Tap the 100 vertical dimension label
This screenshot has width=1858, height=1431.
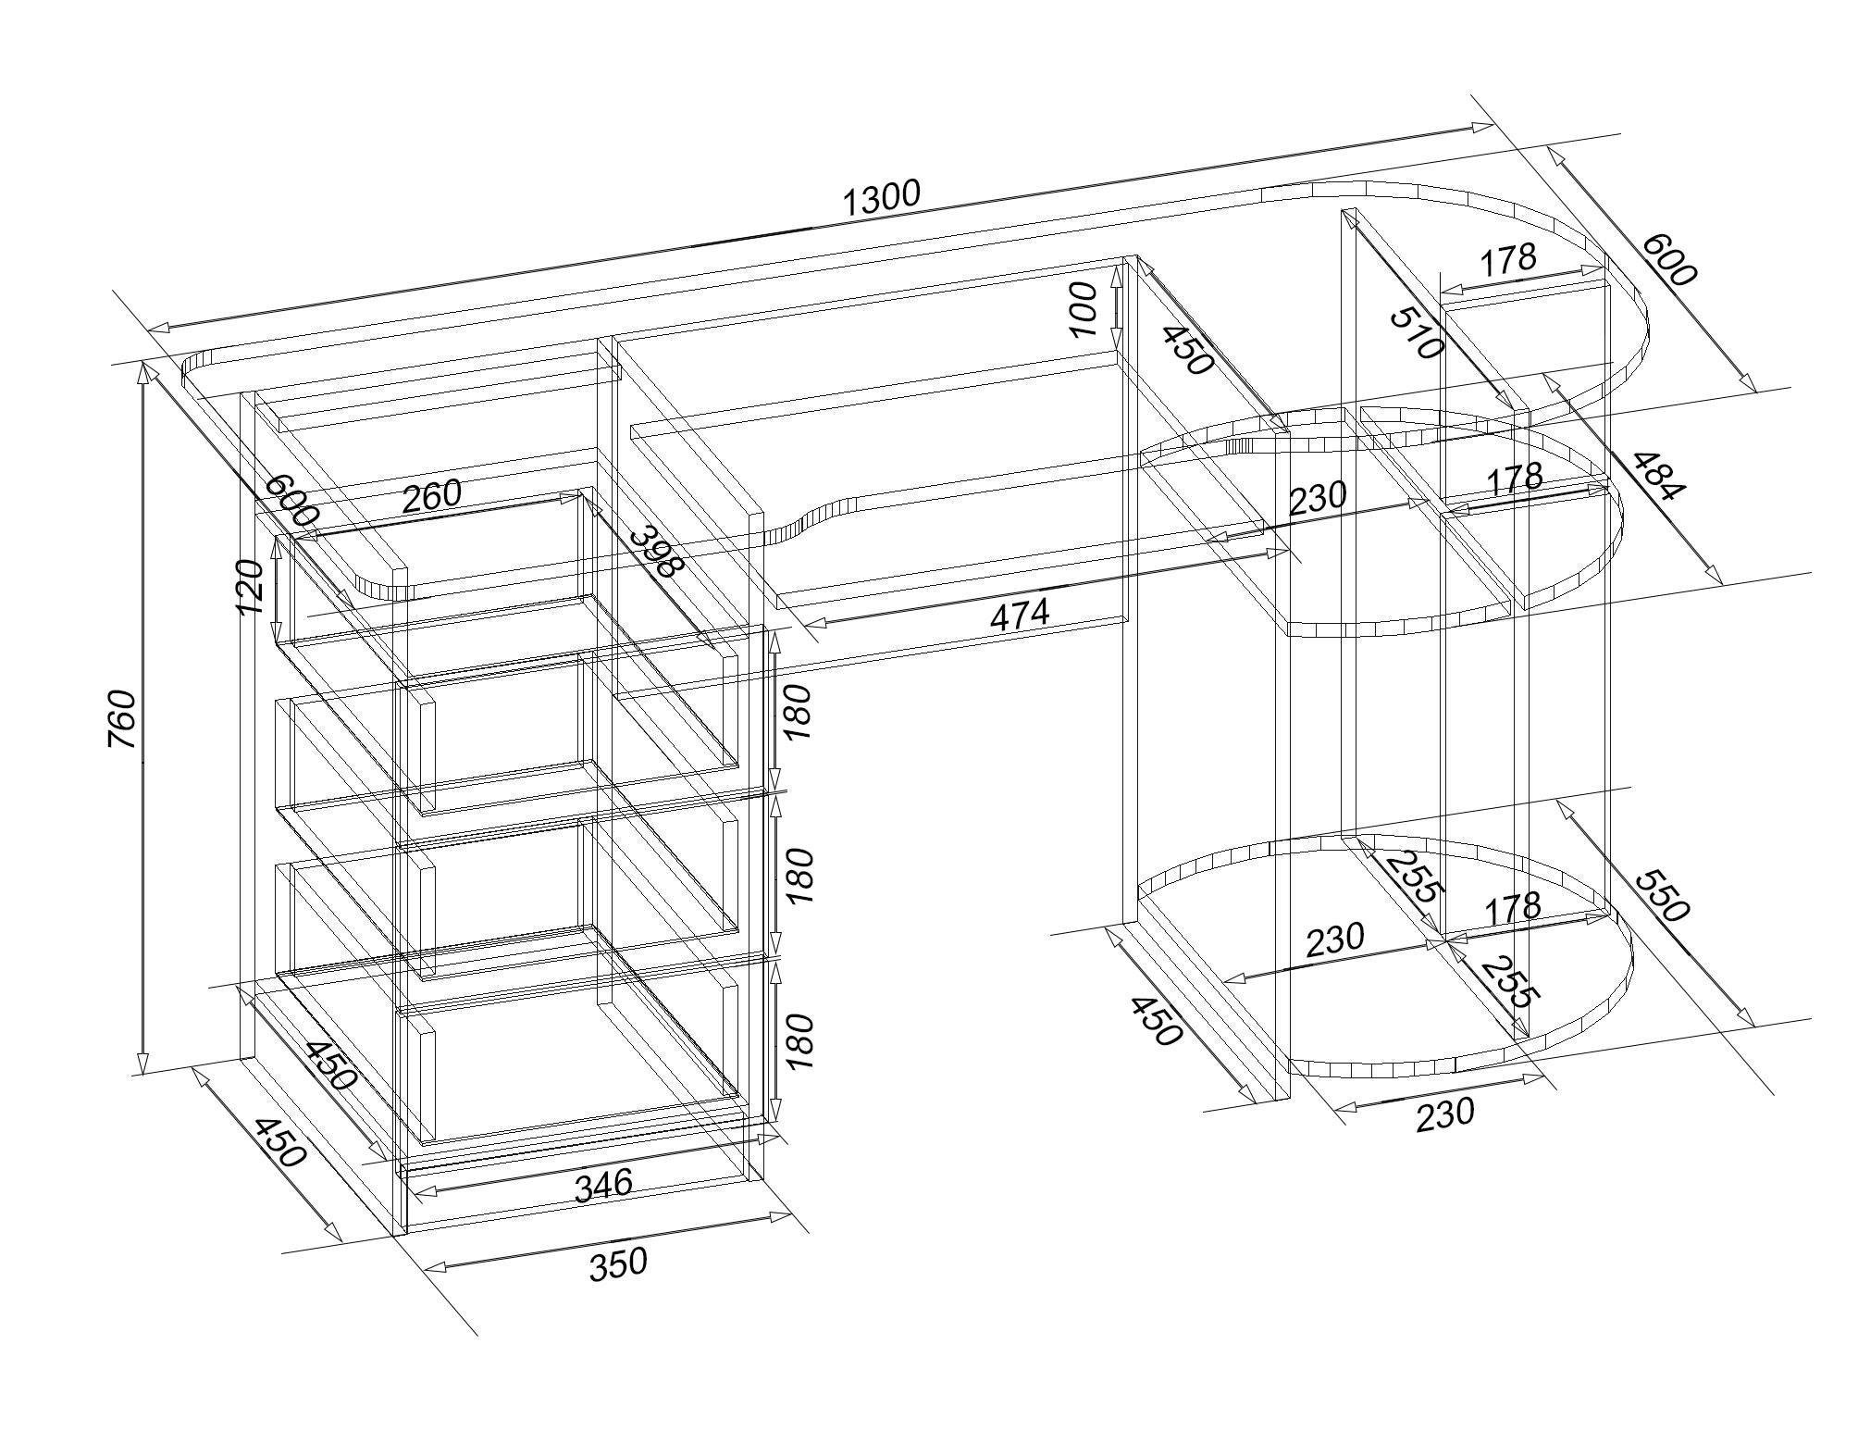1082,308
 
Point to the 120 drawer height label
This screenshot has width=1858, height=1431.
250,586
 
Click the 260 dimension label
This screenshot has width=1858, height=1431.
431,495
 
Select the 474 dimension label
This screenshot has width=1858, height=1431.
1020,615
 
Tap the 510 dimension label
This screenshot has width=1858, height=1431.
1417,333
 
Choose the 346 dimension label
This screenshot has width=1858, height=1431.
603,1185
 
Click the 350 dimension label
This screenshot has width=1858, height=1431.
618,1263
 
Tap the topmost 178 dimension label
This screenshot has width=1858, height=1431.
1507,260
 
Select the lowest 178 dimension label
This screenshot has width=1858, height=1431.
1512,907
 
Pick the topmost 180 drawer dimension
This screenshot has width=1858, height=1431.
797,711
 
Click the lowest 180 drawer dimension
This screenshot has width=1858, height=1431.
799,1041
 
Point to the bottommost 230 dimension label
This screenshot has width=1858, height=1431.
1444,1113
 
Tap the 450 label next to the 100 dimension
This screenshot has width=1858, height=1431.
1187,350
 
